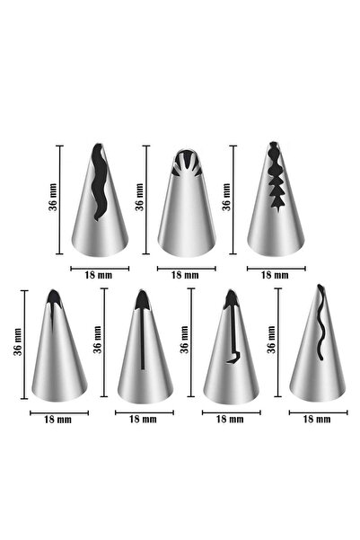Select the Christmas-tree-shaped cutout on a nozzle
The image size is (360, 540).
(x=277, y=176)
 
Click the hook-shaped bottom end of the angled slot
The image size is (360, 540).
(x=233, y=358)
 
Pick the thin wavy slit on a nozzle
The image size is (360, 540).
(x=320, y=323)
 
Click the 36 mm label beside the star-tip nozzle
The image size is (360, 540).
(x=139, y=197)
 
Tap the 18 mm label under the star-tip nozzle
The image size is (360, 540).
(x=185, y=275)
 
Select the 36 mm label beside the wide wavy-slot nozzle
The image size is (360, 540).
(x=53, y=197)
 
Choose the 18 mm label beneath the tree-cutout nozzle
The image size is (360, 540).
(x=275, y=275)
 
